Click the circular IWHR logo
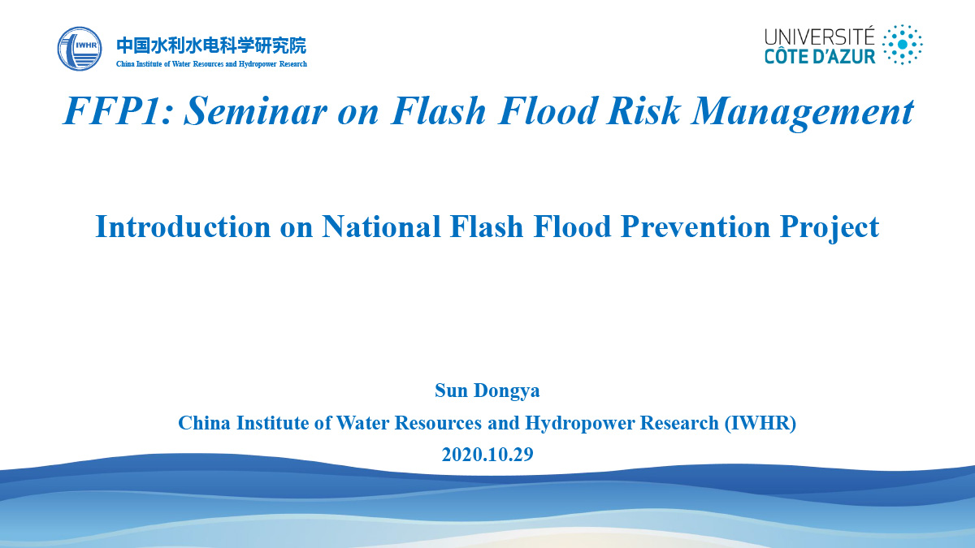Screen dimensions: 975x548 coord(80,49)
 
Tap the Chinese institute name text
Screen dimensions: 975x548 coord(211,45)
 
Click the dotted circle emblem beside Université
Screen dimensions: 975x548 coord(902,45)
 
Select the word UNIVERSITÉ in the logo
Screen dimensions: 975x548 coord(820,37)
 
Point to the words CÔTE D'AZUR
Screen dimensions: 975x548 coord(820,57)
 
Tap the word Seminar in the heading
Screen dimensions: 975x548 coord(255,110)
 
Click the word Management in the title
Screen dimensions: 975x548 coord(802,112)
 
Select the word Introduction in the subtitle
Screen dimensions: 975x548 coord(183,227)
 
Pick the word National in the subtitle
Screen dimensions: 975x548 coord(381,227)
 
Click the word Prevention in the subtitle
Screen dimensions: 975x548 coord(695,227)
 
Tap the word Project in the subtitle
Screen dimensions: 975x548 coord(830,229)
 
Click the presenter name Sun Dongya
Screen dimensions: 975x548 coord(487,391)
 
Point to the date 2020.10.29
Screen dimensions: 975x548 coord(487,455)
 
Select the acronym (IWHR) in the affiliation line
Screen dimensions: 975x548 coord(760,423)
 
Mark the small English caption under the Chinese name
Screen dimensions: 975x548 coord(211,64)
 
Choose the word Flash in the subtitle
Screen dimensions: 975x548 coord(487,227)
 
